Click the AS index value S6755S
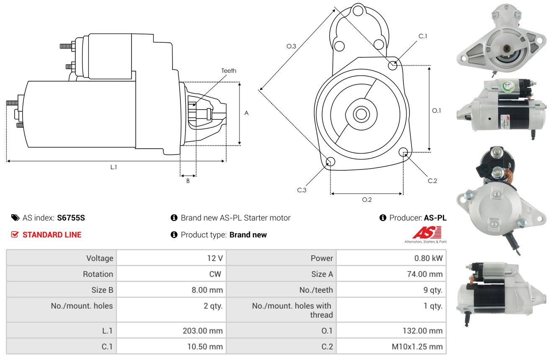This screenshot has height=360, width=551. (71, 218)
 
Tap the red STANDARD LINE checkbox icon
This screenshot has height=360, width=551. (15, 234)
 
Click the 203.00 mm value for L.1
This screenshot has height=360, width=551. (203, 331)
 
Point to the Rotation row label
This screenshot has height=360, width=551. (98, 274)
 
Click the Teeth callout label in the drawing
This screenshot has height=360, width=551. (229, 71)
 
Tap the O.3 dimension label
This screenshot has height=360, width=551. (291, 46)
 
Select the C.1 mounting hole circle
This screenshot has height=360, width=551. (393, 65)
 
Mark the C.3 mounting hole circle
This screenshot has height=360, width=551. (330, 162)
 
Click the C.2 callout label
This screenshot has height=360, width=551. (432, 181)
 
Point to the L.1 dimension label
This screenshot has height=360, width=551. (113, 167)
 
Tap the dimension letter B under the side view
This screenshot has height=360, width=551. (188, 181)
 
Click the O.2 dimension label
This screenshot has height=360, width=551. (367, 200)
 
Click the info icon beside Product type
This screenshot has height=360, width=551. (174, 234)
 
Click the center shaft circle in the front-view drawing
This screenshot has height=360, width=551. (361, 114)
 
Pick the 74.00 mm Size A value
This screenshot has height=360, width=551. (425, 274)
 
